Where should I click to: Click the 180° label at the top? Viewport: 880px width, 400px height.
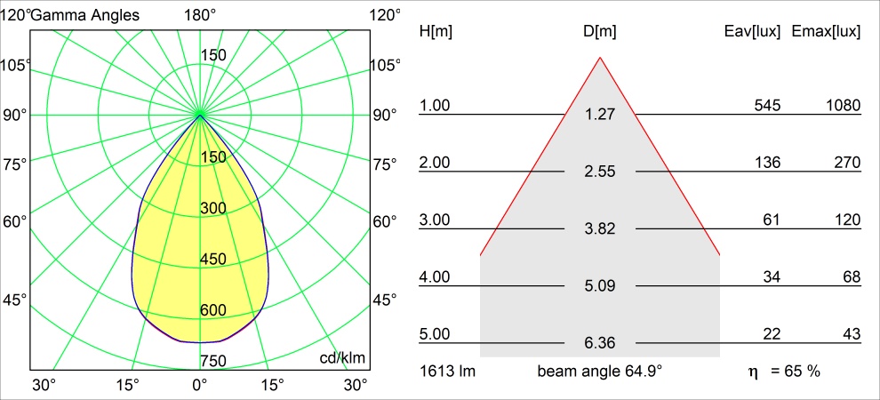click(x=200, y=15)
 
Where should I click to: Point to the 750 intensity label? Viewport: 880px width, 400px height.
click(x=213, y=360)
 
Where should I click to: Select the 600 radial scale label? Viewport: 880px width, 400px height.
click(x=213, y=310)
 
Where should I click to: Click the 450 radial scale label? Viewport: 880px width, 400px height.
click(x=213, y=260)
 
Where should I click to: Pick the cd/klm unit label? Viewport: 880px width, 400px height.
click(x=343, y=357)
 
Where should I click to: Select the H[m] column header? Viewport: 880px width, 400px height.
click(x=436, y=32)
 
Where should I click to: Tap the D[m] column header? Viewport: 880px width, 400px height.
click(x=600, y=32)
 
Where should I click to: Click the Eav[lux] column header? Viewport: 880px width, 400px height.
click(x=753, y=32)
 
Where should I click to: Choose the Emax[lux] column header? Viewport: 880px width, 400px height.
click(x=826, y=32)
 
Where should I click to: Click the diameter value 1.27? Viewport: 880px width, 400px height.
click(x=600, y=115)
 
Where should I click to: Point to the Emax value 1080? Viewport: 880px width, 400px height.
click(x=842, y=106)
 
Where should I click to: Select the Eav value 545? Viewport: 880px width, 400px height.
click(x=766, y=106)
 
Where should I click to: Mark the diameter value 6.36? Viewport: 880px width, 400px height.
click(x=600, y=343)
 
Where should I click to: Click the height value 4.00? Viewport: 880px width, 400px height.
click(x=436, y=277)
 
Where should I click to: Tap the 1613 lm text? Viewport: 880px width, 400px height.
click(x=448, y=371)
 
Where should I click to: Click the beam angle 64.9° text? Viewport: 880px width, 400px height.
click(x=600, y=371)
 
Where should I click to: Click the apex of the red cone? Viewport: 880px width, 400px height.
click(x=600, y=58)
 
